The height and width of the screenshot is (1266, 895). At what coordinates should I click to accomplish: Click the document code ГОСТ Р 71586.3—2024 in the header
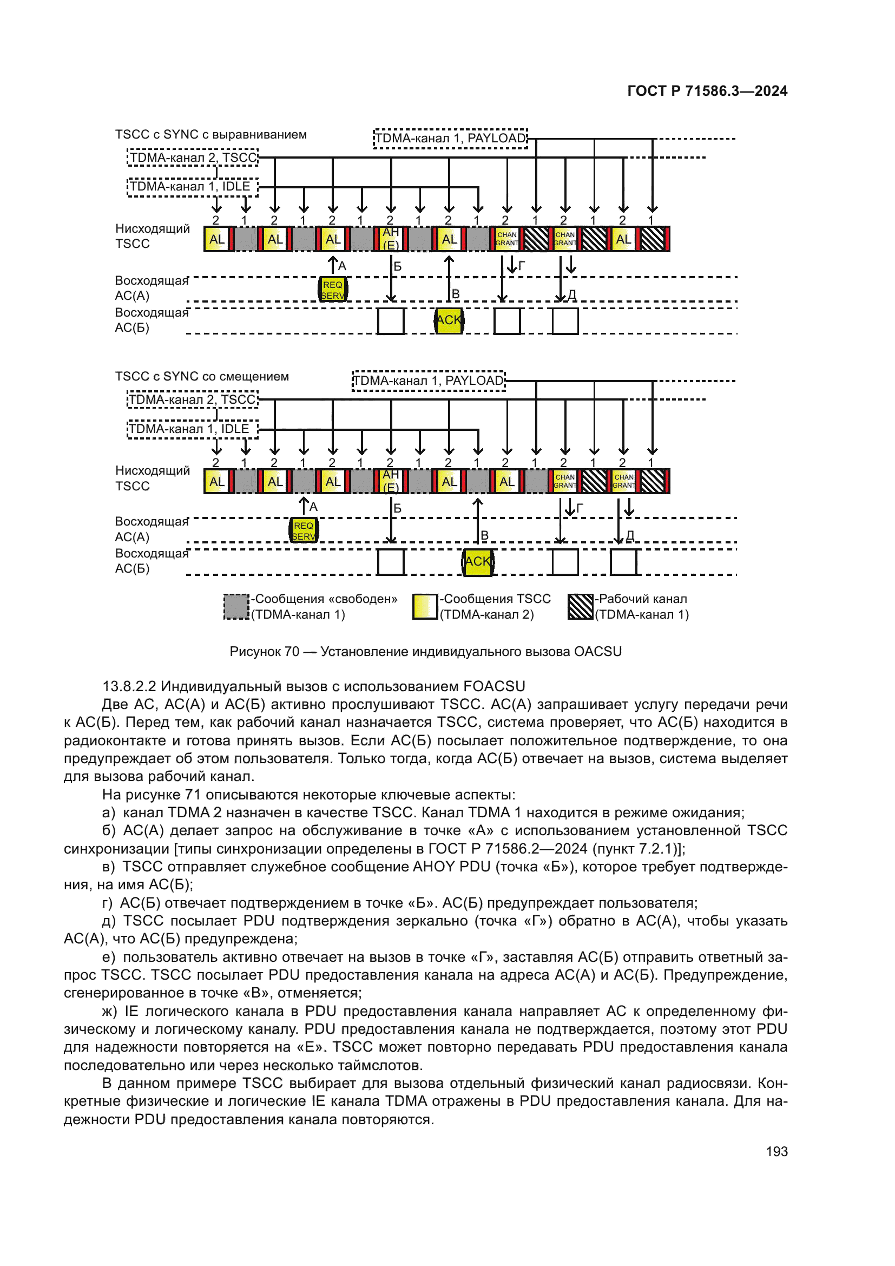pos(707,91)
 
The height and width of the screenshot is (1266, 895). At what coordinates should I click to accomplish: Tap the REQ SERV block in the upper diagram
pos(333,290)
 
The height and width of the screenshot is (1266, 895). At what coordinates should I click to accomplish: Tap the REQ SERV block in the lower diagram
pos(304,531)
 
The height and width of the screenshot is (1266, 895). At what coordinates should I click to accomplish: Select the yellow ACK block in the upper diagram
pos(449,320)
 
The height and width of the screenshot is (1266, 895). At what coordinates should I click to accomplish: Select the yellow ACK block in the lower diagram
pos(478,562)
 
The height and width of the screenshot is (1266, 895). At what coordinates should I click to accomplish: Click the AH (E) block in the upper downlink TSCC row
pos(391,239)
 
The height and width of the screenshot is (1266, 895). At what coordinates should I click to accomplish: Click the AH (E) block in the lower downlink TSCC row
pos(391,481)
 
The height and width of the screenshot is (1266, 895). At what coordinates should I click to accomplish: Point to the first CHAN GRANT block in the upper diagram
pos(507,239)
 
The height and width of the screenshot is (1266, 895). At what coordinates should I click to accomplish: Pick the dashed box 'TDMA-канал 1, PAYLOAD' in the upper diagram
pos(450,139)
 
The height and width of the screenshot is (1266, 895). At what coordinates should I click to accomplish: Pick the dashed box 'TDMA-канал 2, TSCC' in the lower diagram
pos(193,400)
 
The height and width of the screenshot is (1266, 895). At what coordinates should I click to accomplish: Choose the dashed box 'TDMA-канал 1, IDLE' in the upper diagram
pos(192,187)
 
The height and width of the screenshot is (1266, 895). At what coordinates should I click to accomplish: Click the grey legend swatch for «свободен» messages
pos(236,607)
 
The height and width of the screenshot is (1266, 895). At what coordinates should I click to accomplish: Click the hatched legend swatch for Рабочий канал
pos(580,607)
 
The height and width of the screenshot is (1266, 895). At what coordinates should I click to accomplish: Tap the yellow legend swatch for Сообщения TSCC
pos(425,607)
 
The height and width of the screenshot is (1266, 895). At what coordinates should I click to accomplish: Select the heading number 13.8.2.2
pos(129,686)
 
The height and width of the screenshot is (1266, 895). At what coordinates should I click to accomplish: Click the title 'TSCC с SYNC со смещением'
pos(202,377)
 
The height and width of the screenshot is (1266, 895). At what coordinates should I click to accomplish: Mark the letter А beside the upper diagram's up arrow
pos(342,266)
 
